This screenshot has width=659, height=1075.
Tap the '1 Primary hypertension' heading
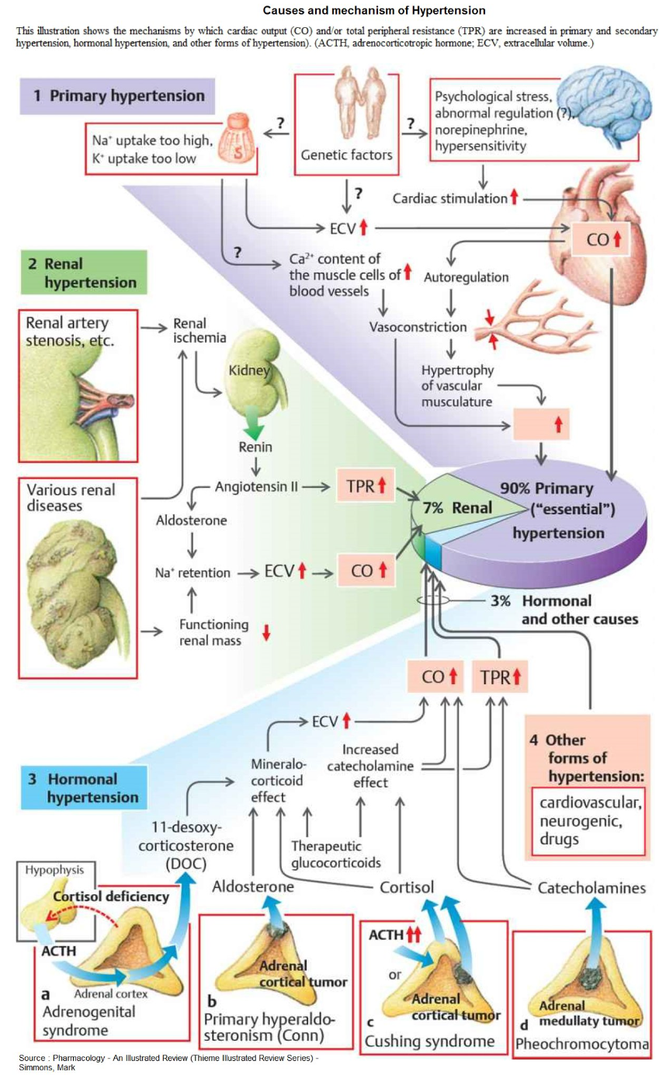[x=119, y=96]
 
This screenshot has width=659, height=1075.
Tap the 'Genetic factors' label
[x=346, y=155]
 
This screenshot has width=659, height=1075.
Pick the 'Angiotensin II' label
[x=256, y=488]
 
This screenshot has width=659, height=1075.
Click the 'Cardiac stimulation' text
[x=450, y=199]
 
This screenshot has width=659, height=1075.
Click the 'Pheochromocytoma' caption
[x=582, y=1045]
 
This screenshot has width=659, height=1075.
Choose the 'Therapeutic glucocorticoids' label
[x=335, y=854]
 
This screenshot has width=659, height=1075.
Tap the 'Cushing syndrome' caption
[x=429, y=1041]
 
